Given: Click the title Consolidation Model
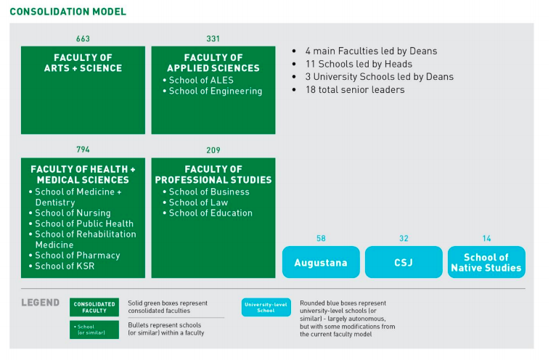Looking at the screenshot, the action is point(68,12).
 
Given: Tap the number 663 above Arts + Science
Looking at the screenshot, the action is point(83,38).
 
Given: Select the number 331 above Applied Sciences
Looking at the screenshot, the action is point(213,38).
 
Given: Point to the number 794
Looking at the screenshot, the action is point(83,150).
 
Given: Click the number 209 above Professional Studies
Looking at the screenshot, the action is point(213,150).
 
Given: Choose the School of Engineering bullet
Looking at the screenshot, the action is point(213,91).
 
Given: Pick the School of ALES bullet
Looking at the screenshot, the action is point(198,80).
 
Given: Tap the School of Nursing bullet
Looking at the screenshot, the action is point(70,213).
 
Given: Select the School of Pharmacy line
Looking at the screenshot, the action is point(75,255).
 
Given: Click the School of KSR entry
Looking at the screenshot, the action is point(62,266).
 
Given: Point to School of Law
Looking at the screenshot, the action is point(195,202).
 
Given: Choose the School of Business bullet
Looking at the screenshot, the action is point(206,192).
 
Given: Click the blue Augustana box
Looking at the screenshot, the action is point(321,262).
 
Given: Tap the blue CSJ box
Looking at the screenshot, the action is point(404,262).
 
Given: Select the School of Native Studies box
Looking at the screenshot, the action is point(486,262).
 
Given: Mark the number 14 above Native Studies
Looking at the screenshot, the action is point(486,238).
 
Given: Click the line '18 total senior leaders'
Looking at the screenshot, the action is point(355,90).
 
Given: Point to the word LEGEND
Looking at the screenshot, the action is point(41,303).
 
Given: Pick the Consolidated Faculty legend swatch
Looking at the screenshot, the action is point(94,307).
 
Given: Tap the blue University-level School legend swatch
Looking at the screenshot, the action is point(266,307).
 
